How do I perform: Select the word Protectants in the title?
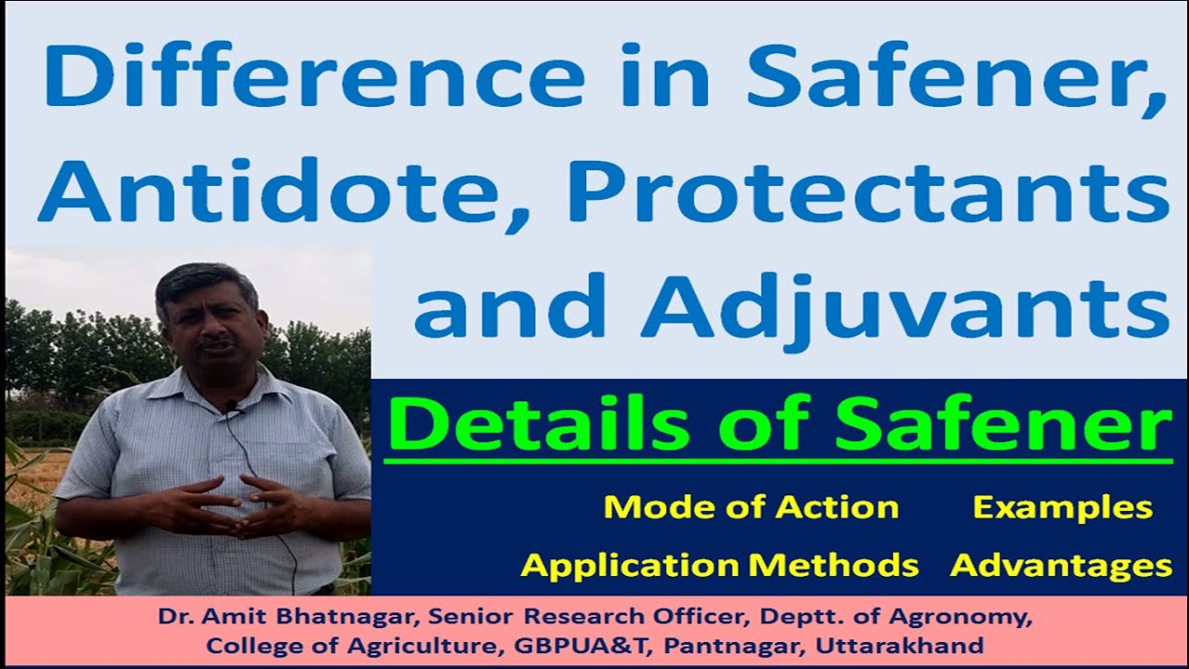pos(856,191)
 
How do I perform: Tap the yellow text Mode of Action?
pos(751,507)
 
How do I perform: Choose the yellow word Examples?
pos(1063,507)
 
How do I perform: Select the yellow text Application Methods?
pos(719,564)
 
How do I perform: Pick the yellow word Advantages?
pos(1061,564)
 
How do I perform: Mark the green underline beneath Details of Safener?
pos(777,460)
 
